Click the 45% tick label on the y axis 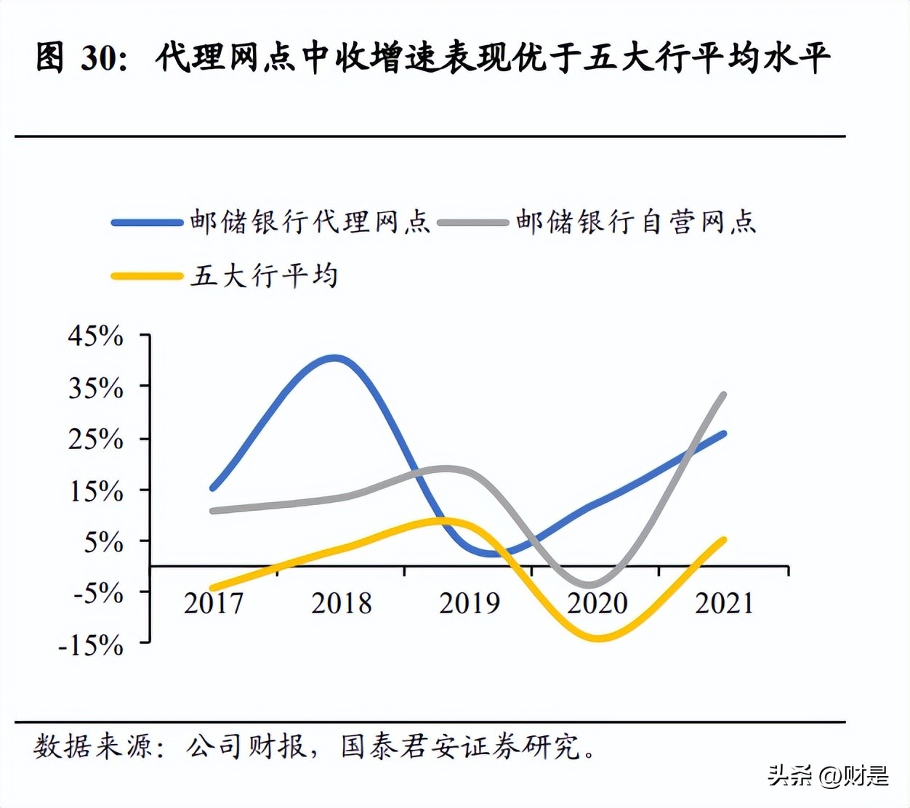[x=96, y=336]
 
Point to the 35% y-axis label [x=96, y=388]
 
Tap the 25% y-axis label [x=96, y=439]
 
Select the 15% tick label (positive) [x=96, y=491]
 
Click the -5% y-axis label [x=98, y=593]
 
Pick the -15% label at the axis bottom [x=92, y=645]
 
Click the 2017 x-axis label [x=214, y=603]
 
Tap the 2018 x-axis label [x=342, y=603]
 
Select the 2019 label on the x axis [x=470, y=603]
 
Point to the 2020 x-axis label [x=597, y=603]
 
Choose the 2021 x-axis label [x=725, y=603]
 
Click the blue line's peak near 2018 [x=334, y=357]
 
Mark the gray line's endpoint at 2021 [x=723, y=395]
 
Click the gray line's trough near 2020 [x=590, y=583]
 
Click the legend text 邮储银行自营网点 [x=636, y=222]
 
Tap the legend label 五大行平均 [x=265, y=276]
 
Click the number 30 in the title [x=98, y=58]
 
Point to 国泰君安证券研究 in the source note [x=461, y=746]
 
